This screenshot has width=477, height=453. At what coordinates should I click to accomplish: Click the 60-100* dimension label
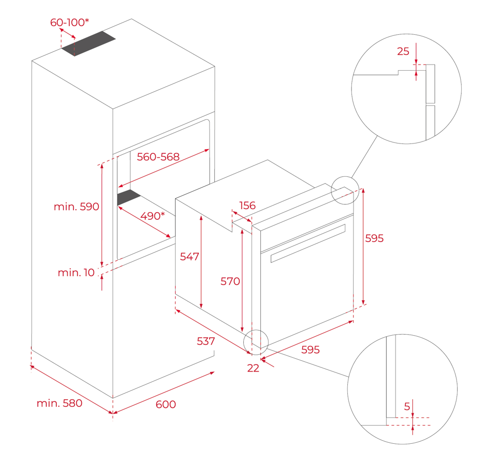(69, 22)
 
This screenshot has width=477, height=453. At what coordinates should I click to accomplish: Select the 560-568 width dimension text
(158, 157)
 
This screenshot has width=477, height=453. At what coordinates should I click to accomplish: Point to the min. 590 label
(76, 207)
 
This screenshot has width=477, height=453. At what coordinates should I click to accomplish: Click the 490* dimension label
(153, 216)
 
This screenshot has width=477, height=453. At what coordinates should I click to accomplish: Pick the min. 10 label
(76, 273)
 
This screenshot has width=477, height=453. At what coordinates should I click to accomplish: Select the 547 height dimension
(189, 257)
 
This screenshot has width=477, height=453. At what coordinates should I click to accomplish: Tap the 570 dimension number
(230, 281)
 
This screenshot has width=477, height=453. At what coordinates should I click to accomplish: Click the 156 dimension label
(247, 205)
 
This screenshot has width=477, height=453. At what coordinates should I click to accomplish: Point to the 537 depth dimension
(206, 341)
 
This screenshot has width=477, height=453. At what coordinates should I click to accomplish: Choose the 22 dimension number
(253, 367)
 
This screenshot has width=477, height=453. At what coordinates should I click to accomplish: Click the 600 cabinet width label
(165, 404)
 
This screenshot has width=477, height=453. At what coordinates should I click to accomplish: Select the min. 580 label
(59, 403)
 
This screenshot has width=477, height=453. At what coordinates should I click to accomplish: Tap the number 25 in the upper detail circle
(403, 51)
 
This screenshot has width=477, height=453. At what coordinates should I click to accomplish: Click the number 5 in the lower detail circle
(407, 406)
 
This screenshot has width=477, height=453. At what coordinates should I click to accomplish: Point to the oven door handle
(307, 242)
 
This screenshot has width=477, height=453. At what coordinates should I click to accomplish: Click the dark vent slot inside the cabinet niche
(129, 198)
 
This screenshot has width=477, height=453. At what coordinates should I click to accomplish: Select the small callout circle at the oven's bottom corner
(256, 342)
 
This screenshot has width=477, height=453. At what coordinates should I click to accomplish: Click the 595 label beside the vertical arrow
(374, 238)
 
